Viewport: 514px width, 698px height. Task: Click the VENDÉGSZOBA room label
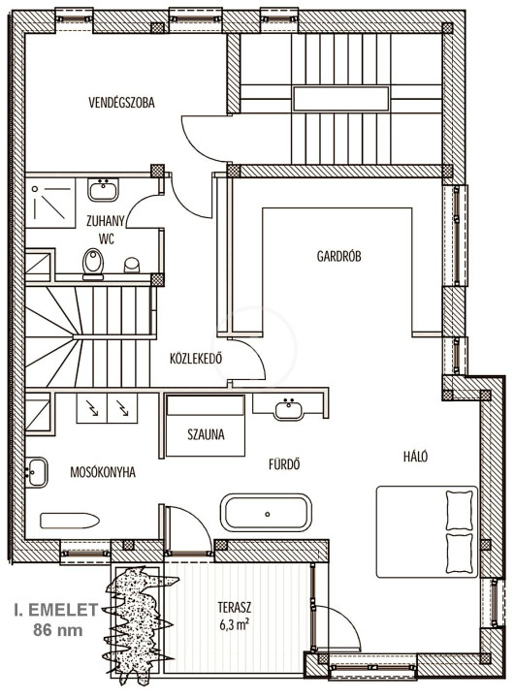point(121,103)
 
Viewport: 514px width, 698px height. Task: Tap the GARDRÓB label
point(339,256)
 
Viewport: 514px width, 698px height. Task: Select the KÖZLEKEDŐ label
point(196,359)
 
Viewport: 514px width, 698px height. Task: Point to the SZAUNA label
point(206,434)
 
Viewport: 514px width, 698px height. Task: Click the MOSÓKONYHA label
point(103,472)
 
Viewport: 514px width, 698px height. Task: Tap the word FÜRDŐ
point(284,464)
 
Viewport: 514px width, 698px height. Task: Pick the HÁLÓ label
point(416,457)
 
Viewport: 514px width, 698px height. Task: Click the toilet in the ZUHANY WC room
point(93,263)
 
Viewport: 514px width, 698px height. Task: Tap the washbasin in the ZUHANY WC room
point(104,190)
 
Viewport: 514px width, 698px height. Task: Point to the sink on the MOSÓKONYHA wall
point(36,472)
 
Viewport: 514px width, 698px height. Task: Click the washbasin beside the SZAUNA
point(289,408)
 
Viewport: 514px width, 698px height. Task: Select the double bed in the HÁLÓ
point(427,532)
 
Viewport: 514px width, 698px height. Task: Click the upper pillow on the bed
point(460,510)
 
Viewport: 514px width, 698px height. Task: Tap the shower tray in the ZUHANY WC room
point(50,204)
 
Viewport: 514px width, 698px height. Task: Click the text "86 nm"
point(58,630)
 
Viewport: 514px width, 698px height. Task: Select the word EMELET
point(63,611)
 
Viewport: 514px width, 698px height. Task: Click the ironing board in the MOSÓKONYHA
point(70,521)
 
